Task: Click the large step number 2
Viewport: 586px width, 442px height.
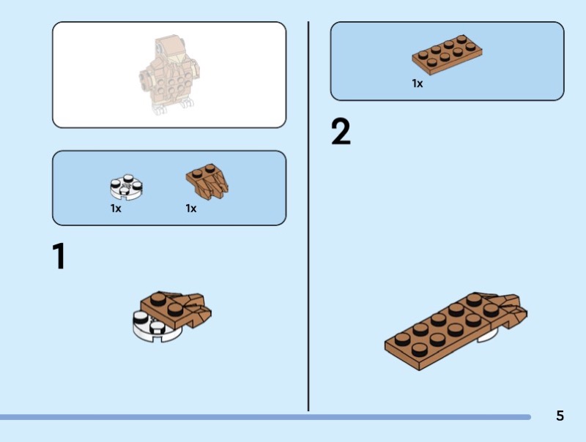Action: click(341, 132)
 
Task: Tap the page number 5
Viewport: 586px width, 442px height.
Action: click(560, 416)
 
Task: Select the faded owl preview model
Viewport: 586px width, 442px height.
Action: click(169, 75)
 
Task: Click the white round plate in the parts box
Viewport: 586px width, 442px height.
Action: click(126, 187)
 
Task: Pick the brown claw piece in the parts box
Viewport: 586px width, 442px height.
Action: click(207, 181)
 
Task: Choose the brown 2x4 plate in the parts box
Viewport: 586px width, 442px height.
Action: click(447, 54)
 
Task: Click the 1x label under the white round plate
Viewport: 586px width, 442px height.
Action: click(116, 209)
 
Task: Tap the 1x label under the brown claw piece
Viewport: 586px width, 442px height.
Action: click(191, 209)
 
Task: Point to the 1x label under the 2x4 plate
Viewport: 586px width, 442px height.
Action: click(418, 83)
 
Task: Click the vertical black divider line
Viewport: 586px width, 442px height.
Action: click(308, 217)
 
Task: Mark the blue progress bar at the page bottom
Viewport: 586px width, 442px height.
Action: click(265, 417)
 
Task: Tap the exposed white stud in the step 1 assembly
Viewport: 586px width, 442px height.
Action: click(141, 318)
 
